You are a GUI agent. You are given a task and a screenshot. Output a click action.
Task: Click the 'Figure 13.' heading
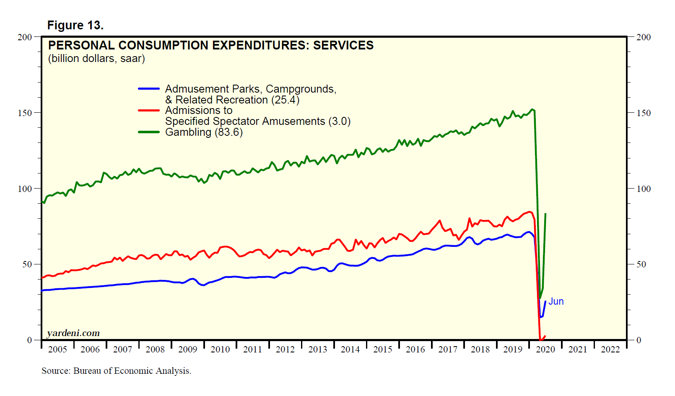tap(75, 26)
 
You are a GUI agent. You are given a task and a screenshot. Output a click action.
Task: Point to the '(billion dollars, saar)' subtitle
tap(96, 59)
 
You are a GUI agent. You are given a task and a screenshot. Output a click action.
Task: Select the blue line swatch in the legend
tap(149, 89)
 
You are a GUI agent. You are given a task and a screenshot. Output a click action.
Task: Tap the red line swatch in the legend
tap(149, 111)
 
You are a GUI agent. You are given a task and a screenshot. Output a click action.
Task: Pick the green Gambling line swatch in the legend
tap(149, 132)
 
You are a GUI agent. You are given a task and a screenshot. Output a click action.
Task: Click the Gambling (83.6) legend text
tap(204, 132)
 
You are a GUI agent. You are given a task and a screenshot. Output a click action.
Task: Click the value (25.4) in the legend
tap(285, 100)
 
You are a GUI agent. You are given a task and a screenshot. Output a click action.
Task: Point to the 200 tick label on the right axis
tap(644, 37)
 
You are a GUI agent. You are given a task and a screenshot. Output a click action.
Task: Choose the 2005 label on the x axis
tap(57, 349)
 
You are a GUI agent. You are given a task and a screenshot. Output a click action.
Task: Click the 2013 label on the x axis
tap(317, 349)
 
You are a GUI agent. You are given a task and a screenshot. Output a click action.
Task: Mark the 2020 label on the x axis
tap(545, 349)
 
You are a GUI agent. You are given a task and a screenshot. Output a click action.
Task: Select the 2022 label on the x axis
tap(610, 349)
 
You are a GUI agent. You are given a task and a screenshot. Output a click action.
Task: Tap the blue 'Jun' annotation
tap(556, 302)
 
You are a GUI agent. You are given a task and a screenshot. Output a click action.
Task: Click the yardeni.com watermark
tap(73, 333)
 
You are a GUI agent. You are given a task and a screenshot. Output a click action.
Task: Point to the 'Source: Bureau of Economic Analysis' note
tap(116, 371)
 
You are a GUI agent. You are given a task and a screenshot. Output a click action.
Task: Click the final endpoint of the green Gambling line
tap(545, 214)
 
